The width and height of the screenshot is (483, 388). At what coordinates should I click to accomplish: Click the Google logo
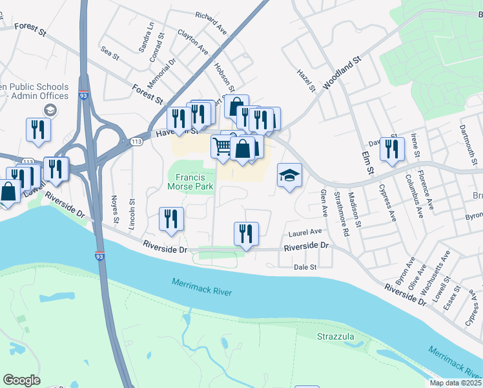click(x=22, y=380)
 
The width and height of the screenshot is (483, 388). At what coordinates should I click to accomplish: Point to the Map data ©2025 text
click(x=455, y=383)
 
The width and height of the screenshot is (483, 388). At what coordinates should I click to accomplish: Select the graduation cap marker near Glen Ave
click(x=289, y=175)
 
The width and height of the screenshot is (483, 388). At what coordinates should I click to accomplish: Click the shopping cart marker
click(x=221, y=145)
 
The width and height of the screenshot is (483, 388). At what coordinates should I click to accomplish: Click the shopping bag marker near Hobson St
click(x=237, y=105)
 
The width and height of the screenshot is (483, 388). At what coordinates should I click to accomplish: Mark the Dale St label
click(x=305, y=266)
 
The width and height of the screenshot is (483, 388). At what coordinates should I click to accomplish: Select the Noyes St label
click(x=116, y=211)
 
